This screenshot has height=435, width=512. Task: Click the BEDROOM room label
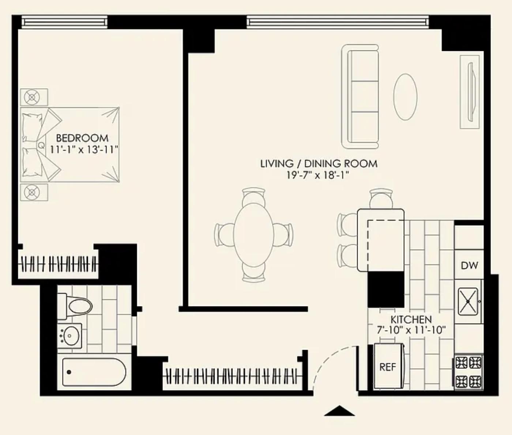click(x=82, y=138)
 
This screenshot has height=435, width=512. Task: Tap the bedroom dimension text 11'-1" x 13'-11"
click(x=83, y=150)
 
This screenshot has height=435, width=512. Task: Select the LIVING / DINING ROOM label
click(x=319, y=164)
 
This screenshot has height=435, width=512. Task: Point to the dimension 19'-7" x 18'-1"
click(x=318, y=175)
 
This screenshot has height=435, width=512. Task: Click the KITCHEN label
click(x=411, y=319)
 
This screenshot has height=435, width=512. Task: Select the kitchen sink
click(x=468, y=301)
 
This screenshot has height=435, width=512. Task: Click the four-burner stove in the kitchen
click(x=468, y=372)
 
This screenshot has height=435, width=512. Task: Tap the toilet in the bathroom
click(x=75, y=306)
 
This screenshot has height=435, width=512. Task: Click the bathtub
click(x=94, y=372)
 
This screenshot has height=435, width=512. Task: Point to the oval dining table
click(x=253, y=235)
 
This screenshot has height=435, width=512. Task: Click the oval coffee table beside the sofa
click(x=406, y=97)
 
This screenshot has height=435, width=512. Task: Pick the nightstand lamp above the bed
click(x=32, y=97)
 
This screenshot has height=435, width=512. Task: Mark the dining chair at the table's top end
click(x=253, y=196)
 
